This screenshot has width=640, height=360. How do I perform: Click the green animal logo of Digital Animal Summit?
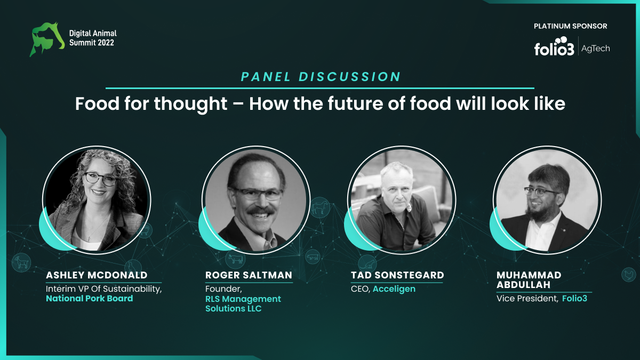click(x=47, y=39)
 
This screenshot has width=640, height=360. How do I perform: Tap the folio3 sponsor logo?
click(x=554, y=46)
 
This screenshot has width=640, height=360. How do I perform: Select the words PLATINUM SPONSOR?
click(x=570, y=26)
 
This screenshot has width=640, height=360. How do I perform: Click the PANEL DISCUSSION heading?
click(x=321, y=77)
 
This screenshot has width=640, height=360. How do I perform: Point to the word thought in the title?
click(x=191, y=104)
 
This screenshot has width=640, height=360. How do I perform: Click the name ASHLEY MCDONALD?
click(x=97, y=275)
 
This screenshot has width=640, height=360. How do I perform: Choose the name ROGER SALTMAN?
click(x=249, y=275)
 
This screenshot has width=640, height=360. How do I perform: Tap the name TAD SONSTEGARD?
click(x=397, y=275)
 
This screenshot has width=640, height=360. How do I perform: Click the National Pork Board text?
click(x=90, y=299)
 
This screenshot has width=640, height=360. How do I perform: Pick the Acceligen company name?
click(x=394, y=289)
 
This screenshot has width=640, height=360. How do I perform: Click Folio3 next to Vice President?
click(x=574, y=299)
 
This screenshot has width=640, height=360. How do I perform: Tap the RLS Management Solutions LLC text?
click(x=243, y=303)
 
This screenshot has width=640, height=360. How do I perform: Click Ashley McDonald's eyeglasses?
click(x=100, y=179)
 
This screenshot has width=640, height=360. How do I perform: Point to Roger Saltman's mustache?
click(x=261, y=210)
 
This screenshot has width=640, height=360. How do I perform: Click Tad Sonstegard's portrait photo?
click(x=402, y=200)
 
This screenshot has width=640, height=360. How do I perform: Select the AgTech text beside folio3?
click(x=595, y=49)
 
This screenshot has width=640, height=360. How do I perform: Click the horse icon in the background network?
click(x=319, y=207)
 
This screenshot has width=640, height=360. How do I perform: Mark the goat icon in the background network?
click(x=21, y=262)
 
